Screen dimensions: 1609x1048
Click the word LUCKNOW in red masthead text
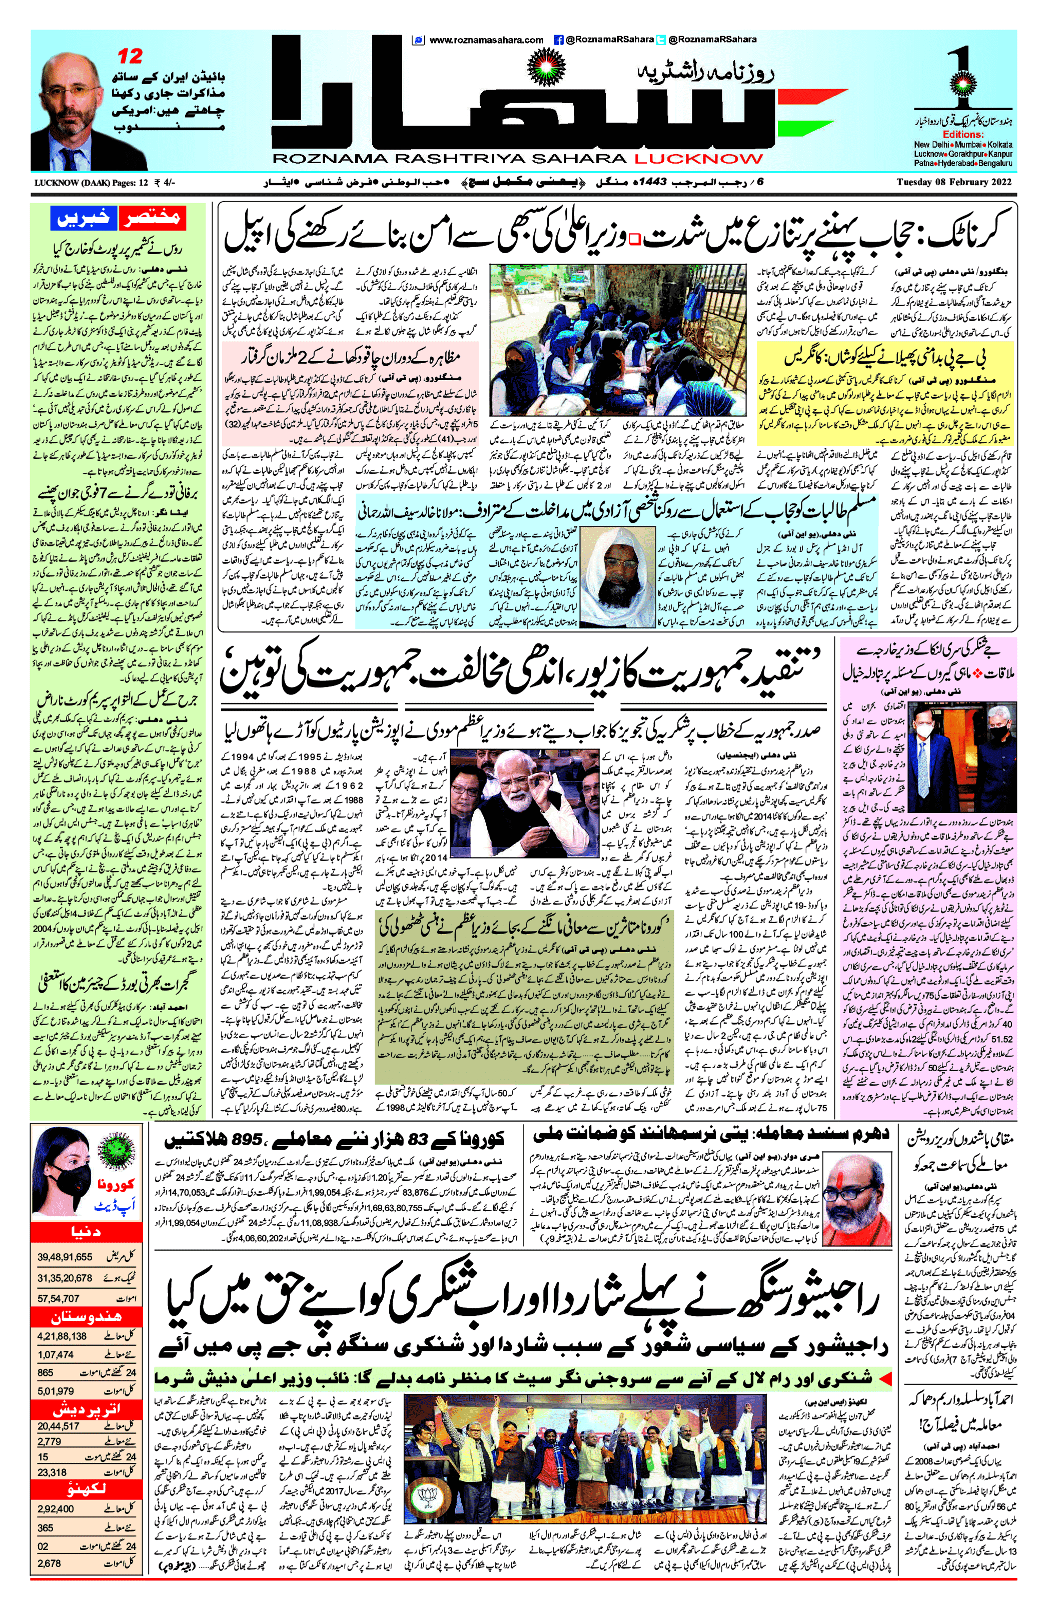[698, 159]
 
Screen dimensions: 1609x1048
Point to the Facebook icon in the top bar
[558, 40]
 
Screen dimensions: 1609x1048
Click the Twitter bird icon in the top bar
[661, 40]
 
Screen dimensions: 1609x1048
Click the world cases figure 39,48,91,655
[65, 1257]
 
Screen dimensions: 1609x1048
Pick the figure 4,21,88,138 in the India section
[62, 1336]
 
